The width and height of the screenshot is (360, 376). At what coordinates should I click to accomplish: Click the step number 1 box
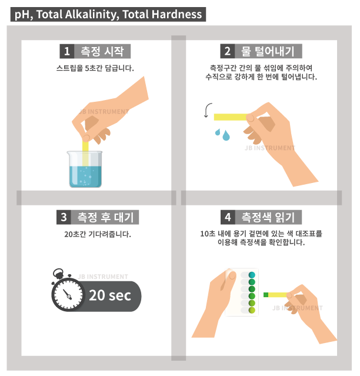click(67, 51)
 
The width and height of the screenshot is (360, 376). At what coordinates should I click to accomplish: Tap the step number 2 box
click(228, 51)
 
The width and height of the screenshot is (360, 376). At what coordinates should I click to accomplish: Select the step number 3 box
click(64, 217)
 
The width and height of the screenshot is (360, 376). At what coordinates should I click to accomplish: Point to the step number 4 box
click(228, 217)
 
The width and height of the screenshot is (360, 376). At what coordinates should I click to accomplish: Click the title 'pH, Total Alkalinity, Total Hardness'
click(108, 14)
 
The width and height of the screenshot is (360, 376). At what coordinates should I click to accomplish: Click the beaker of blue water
click(85, 169)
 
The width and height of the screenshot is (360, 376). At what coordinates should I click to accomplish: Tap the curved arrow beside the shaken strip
click(208, 110)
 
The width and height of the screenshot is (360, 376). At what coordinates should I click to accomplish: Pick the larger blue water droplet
click(226, 135)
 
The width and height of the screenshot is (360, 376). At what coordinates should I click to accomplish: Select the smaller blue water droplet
click(218, 132)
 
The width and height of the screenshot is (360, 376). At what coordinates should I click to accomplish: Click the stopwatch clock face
click(69, 295)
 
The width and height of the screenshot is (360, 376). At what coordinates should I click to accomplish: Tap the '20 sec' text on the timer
click(110, 295)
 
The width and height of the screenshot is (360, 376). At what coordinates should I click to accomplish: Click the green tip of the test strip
click(266, 295)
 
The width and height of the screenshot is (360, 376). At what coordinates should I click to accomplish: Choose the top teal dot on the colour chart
click(252, 275)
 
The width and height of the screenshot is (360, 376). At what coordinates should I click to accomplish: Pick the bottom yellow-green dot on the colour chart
click(252, 310)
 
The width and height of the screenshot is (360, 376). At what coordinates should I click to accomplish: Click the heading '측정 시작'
click(102, 51)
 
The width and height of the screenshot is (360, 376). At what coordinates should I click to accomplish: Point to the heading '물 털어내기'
click(268, 51)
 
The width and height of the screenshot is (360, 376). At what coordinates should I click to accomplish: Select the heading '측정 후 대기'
click(105, 217)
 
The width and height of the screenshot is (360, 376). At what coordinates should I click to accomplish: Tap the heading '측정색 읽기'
click(268, 217)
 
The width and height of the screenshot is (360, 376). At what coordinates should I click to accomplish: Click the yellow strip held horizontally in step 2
click(231, 117)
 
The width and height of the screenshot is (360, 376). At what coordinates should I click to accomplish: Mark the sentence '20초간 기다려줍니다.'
click(98, 234)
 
